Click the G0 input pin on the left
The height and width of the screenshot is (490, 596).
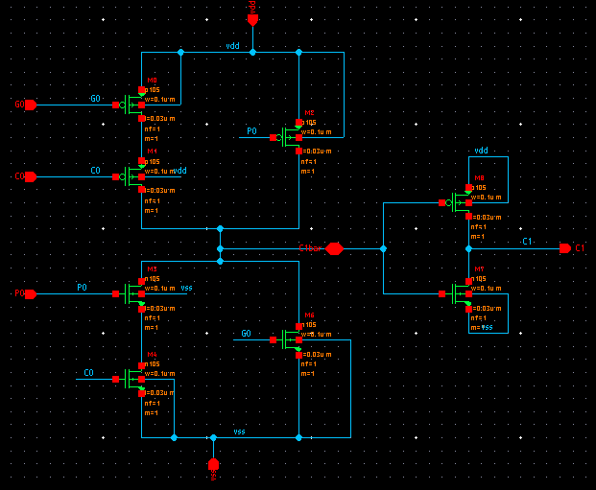[x=29, y=105]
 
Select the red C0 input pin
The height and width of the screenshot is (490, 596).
[x=29, y=176]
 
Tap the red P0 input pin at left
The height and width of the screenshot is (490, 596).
[x=29, y=293]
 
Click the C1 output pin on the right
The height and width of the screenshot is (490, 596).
[x=566, y=248]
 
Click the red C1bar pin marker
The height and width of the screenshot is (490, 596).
[x=333, y=248]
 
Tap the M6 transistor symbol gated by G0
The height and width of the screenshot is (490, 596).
[x=289, y=339]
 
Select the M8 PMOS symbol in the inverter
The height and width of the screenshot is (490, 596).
[x=459, y=202]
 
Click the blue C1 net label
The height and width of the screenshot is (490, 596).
[x=527, y=242]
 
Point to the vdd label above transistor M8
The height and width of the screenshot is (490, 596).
[x=481, y=151]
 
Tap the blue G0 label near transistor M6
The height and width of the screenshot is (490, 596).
[x=246, y=334]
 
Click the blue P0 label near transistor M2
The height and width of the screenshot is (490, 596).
[x=251, y=131]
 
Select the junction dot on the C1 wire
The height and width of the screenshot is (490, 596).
[x=383, y=248]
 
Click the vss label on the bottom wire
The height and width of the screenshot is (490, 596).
[x=239, y=432]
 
